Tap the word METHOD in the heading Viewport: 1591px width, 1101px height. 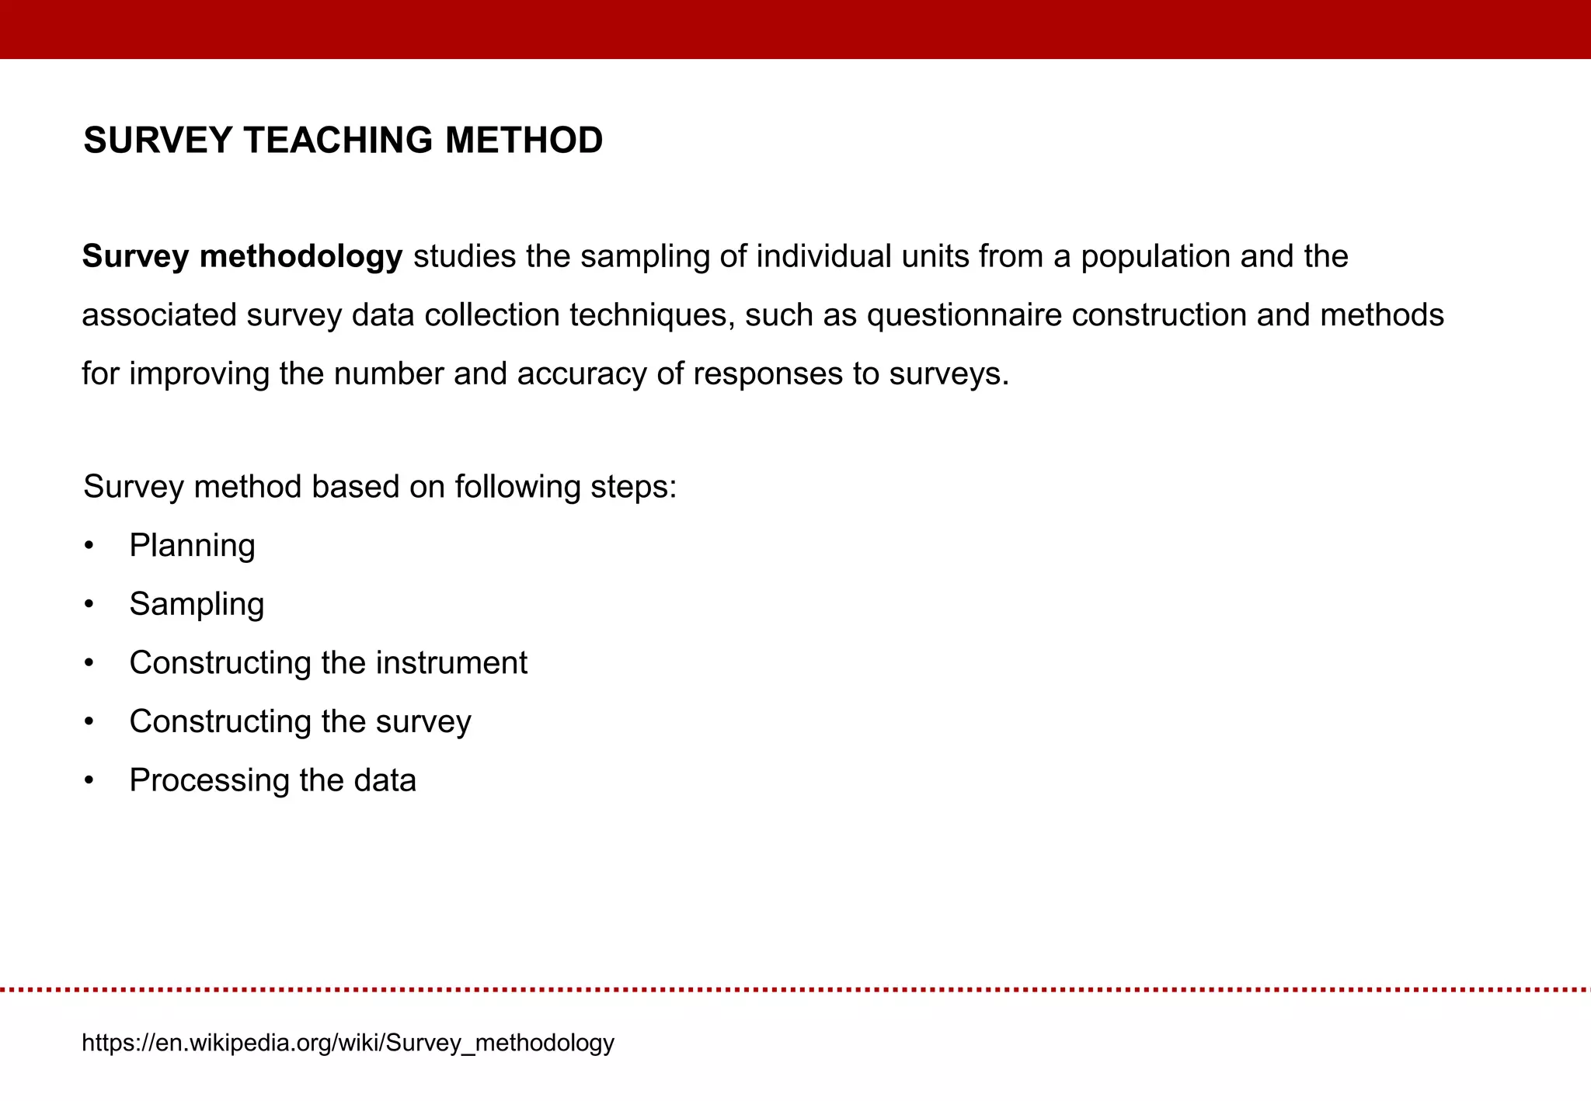pos(524,141)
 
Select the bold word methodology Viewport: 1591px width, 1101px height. pos(301,256)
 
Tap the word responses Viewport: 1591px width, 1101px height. pos(768,373)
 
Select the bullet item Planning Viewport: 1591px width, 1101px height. pos(192,546)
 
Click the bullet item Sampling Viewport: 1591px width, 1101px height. pos(197,604)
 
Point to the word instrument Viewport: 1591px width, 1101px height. pos(451,663)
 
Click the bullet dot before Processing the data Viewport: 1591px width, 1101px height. pos(89,780)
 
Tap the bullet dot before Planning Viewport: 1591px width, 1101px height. pos(89,546)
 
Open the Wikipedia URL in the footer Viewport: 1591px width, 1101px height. pos(348,1042)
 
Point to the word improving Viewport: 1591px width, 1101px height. pos(199,373)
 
